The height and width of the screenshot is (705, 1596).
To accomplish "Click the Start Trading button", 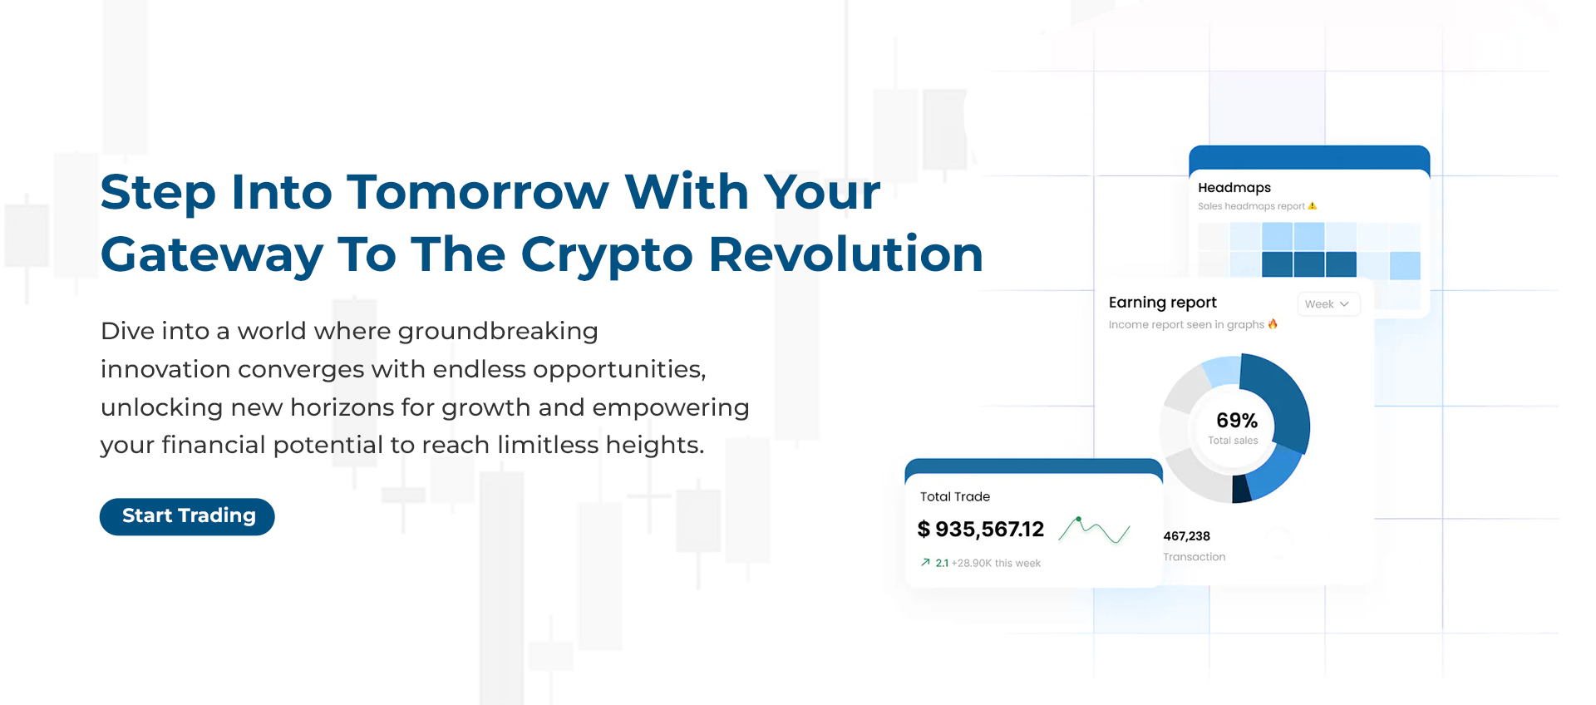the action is point(187,516).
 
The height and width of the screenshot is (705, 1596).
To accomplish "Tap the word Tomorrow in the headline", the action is point(478,192).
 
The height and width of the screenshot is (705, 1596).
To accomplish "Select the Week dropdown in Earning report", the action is point(1328,304).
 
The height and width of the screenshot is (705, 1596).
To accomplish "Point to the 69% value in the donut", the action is point(1237,421).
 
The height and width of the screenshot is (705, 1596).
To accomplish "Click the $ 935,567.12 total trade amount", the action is point(981,530).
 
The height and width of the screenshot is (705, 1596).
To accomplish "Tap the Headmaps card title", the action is point(1234,188).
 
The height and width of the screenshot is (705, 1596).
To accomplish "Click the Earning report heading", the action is point(1162,303).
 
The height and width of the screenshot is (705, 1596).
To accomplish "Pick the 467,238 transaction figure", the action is point(1186,536).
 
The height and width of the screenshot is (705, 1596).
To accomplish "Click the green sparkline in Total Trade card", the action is point(1095,530).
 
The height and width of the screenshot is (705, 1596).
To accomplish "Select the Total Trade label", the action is point(955,496).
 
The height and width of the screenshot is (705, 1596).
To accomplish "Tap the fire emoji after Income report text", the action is point(1273,324).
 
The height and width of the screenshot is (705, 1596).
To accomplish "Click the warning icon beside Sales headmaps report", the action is point(1313,206).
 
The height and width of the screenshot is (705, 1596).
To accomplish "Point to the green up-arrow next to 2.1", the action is point(925,563).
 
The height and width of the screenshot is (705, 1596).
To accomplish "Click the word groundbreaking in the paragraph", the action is point(498,332).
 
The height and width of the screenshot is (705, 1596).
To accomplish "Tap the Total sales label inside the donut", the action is point(1233,441).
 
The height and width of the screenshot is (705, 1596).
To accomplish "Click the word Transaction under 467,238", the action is point(1195,557).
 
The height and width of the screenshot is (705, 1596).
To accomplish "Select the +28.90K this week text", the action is point(996,564).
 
